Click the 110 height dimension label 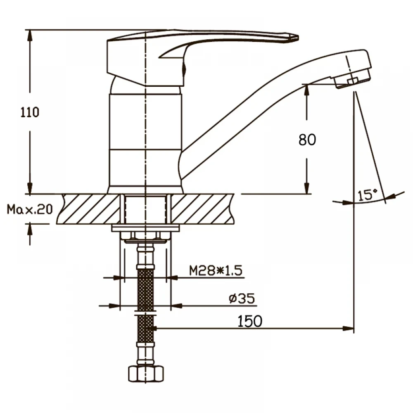coord(30,112)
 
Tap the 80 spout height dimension coord(307,140)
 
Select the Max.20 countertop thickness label coord(30,209)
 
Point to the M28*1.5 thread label coord(216,271)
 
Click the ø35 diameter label coord(242,299)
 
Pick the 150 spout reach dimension coord(250,321)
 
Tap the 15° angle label coord(368,195)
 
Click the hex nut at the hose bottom coord(146,373)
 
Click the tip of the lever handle coord(298,38)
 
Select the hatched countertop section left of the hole coord(88,209)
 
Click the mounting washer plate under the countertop coord(145,228)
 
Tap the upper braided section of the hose coord(145,290)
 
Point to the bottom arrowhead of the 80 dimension coord(306,188)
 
